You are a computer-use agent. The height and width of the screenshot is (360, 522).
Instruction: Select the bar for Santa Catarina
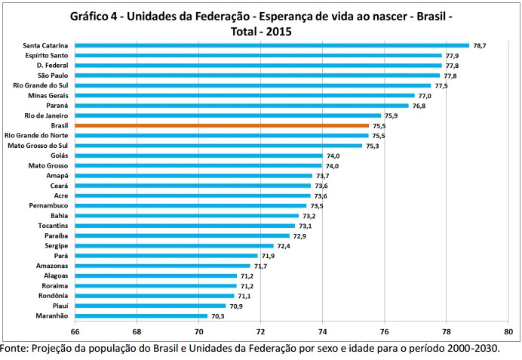click(x=272, y=45)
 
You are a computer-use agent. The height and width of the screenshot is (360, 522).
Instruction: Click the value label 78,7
click(x=479, y=45)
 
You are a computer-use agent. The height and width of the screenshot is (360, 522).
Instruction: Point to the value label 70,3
click(x=217, y=316)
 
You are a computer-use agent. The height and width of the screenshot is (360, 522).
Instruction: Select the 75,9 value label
click(x=391, y=115)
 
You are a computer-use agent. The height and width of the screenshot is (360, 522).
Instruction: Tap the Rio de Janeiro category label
click(x=47, y=115)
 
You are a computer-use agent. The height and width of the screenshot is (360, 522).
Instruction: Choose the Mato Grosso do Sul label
click(x=38, y=145)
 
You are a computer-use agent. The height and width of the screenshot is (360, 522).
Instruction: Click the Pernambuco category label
click(x=48, y=205)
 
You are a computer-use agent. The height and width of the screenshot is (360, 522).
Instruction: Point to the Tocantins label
click(x=54, y=226)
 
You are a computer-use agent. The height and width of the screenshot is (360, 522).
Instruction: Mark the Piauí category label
click(x=59, y=306)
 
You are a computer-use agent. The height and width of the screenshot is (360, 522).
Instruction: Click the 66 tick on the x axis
click(x=75, y=331)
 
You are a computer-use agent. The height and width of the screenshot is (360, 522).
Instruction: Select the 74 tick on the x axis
click(x=322, y=331)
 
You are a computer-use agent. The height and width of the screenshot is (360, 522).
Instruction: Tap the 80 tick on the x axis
click(x=508, y=331)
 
